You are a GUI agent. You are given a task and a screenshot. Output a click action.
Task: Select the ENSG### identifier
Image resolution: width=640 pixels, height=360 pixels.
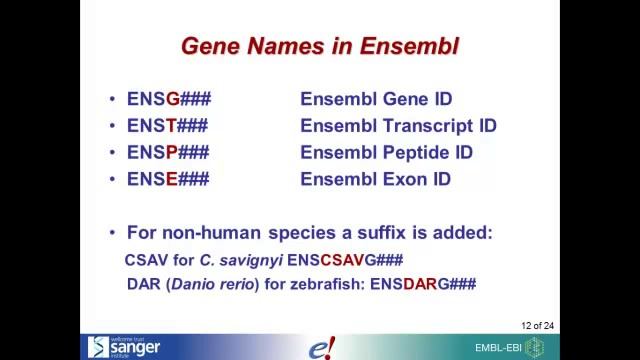[168, 99]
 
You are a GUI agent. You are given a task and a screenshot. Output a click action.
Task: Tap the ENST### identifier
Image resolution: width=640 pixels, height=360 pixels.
[167, 126]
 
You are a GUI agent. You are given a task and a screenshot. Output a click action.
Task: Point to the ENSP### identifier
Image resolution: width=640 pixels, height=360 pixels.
[167, 153]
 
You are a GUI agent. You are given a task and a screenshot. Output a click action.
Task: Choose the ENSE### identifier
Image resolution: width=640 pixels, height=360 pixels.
[167, 180]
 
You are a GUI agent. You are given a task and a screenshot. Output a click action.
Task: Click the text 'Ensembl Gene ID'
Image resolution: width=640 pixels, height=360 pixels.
[376, 99]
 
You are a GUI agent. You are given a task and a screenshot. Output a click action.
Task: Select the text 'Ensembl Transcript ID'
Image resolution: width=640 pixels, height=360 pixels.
[398, 126]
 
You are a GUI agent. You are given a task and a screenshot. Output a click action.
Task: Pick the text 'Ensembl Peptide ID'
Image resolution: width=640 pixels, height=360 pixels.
[386, 153]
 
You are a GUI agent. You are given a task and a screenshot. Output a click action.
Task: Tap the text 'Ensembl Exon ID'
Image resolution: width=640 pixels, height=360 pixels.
[375, 180]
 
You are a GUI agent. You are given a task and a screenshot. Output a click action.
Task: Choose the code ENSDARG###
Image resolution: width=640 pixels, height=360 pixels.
[423, 284]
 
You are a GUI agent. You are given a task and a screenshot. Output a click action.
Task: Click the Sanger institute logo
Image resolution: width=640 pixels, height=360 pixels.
[123, 346]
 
